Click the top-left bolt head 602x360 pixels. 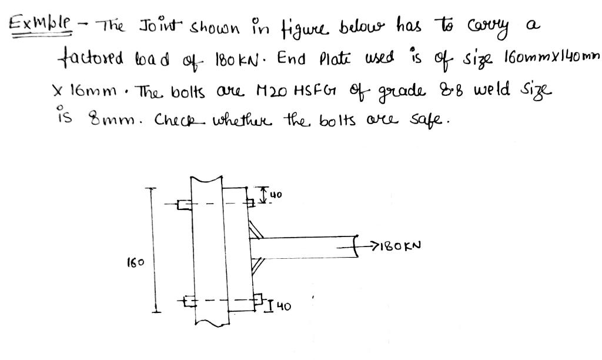[x=184, y=205]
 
